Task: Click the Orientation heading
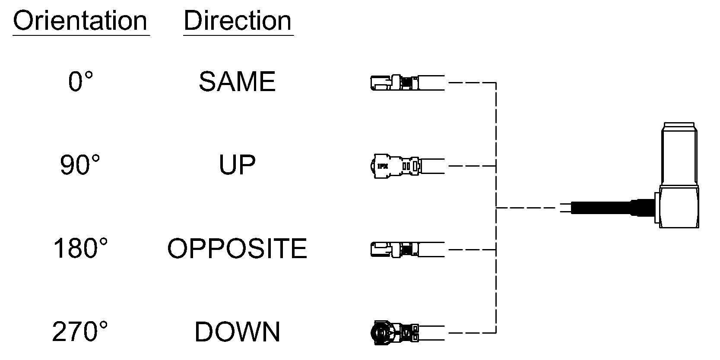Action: [x=80, y=21]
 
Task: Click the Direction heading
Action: [x=238, y=21]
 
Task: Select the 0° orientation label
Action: [x=80, y=81]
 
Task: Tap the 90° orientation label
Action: [x=80, y=164]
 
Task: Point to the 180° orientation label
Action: [x=80, y=248]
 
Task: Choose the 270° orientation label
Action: [x=80, y=332]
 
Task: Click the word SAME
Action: [x=237, y=81]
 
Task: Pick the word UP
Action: [x=237, y=164]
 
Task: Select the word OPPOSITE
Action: [x=237, y=248]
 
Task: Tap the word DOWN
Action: [x=237, y=332]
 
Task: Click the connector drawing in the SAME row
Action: [x=408, y=83]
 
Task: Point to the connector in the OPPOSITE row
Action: [x=408, y=249]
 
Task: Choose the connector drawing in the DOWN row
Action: [x=408, y=333]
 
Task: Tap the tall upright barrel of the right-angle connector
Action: [x=679, y=154]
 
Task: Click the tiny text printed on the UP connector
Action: [x=383, y=166]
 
